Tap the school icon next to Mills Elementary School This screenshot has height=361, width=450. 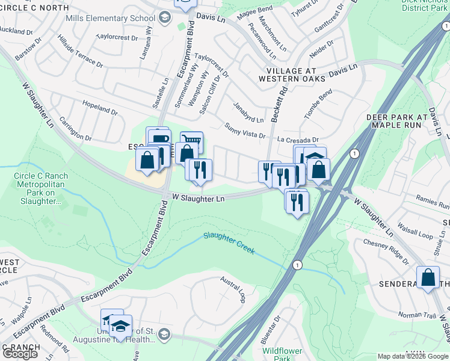click(x=164, y=17)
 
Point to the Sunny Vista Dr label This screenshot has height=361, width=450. click(x=245, y=131)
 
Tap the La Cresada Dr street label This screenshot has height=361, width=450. click(x=297, y=140)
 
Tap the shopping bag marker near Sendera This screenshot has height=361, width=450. click(x=428, y=277)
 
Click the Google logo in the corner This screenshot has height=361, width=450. click(x=20, y=353)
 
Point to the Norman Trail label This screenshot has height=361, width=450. click(x=417, y=314)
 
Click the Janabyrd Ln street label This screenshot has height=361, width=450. click(x=248, y=112)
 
